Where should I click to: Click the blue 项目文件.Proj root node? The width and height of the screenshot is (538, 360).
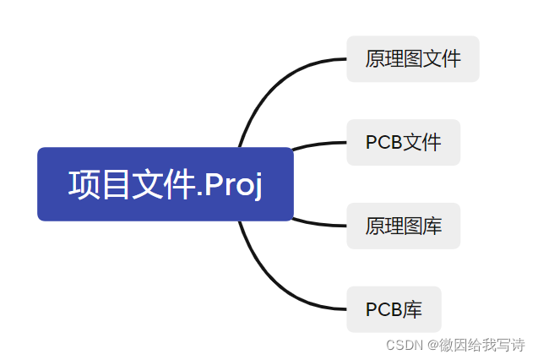[165, 184]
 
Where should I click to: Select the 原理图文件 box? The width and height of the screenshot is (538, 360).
[412, 59]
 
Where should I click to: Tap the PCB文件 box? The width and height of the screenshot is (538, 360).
[403, 142]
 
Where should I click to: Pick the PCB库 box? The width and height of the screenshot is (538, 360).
[394, 309]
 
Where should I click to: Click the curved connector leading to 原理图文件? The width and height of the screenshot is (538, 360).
[270, 85]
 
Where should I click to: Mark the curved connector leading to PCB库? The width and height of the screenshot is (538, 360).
[270, 283]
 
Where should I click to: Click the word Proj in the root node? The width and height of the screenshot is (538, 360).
[233, 185]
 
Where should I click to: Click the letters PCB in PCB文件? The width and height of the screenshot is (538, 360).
[383, 143]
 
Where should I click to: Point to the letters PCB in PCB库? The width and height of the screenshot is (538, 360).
[383, 310]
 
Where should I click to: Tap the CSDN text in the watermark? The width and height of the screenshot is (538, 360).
[404, 345]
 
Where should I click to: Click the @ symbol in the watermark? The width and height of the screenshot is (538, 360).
[431, 345]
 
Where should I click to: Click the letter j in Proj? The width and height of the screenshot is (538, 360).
[257, 187]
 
